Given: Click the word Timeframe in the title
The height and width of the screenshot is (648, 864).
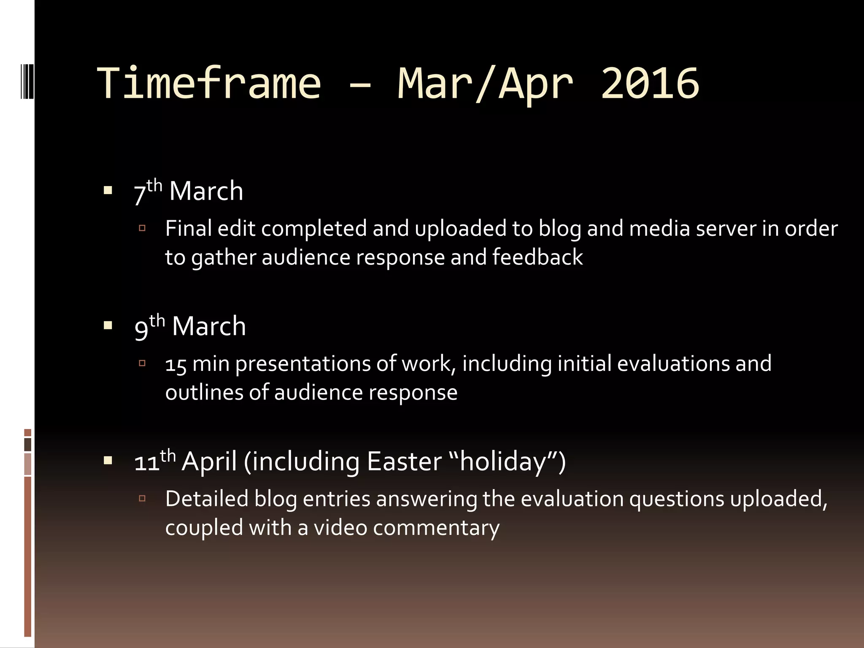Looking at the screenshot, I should pyautogui.click(x=209, y=83).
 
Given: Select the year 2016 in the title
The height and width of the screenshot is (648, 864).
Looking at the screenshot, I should pyautogui.click(x=650, y=83).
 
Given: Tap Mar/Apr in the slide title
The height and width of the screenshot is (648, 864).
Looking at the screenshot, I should pyautogui.click(x=485, y=83).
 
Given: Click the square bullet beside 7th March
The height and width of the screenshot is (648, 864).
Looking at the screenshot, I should pyautogui.click(x=108, y=190).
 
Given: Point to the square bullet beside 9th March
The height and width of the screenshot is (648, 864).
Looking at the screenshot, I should pyautogui.click(x=108, y=325).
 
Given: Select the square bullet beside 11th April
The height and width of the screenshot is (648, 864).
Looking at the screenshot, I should pyautogui.click(x=108, y=461).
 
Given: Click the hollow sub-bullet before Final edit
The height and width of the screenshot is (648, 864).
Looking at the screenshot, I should pyautogui.click(x=142, y=228).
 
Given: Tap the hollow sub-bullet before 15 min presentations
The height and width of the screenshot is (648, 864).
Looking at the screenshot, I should pyautogui.click(x=142, y=363).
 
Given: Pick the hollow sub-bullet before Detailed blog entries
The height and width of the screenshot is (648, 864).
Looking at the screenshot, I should pyautogui.click(x=142, y=499).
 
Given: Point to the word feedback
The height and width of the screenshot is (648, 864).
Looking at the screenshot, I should pyautogui.click(x=537, y=257).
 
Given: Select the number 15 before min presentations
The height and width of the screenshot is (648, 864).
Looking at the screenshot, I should pyautogui.click(x=176, y=364).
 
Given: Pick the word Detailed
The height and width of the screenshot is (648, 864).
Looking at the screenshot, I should pyautogui.click(x=207, y=499).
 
